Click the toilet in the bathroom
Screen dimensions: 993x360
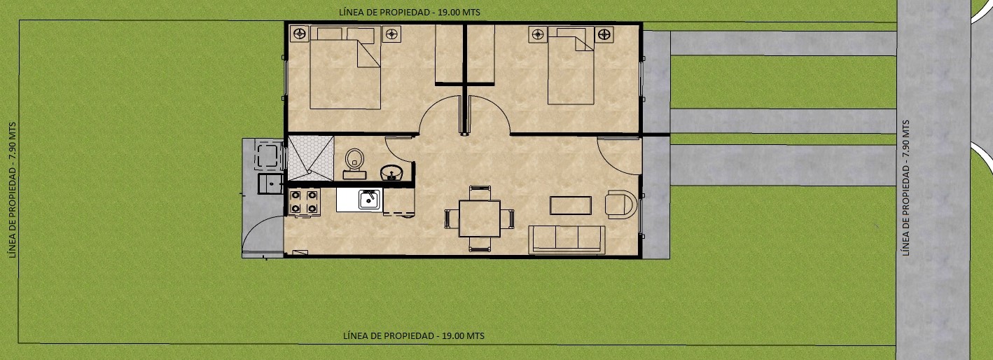click(x=354, y=164)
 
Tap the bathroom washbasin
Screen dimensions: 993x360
click(x=391, y=172)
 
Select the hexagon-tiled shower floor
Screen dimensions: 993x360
click(x=311, y=158)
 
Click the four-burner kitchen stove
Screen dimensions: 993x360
click(x=304, y=202)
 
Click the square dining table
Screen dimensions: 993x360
click(x=479, y=219)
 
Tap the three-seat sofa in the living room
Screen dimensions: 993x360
click(x=567, y=240)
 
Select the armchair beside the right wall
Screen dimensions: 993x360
click(x=620, y=205)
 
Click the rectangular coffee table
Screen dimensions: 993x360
click(x=571, y=205)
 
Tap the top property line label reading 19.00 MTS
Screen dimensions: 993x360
click(x=409, y=13)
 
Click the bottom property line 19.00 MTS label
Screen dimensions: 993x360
click(x=414, y=335)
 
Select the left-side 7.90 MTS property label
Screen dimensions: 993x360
click(x=12, y=190)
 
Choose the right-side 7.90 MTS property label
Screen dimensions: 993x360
click(x=905, y=188)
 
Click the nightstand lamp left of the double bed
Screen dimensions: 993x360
click(x=300, y=34)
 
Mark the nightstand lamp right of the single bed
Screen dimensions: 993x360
click(x=604, y=34)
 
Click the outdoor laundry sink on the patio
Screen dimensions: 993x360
click(x=270, y=184)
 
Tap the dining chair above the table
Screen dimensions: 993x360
click(x=480, y=193)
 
